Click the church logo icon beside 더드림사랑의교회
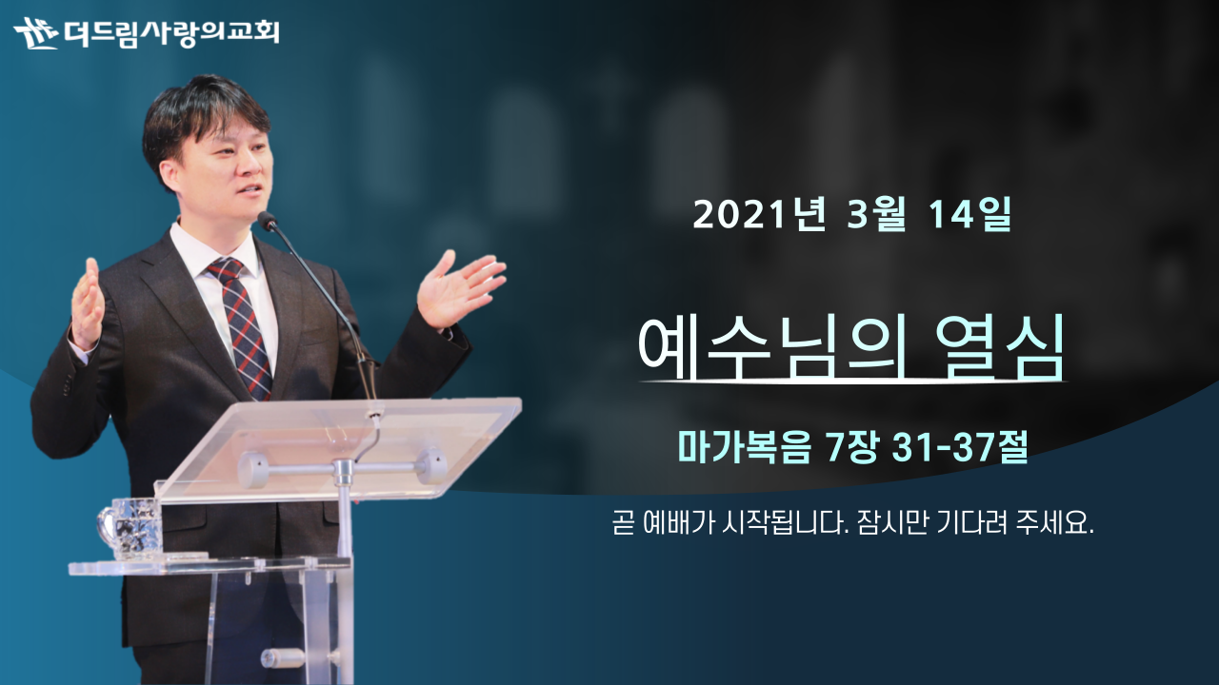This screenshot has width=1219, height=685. [x=35, y=33]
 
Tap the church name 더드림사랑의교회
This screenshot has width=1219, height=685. [x=171, y=33]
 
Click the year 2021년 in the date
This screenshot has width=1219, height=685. [x=759, y=214]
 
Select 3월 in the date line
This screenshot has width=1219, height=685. [x=876, y=214]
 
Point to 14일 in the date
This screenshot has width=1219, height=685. [x=969, y=214]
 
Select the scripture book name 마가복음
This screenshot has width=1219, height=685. [x=744, y=448]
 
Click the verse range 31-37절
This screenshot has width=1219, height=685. [x=959, y=448]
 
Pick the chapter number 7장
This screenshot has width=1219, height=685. [x=851, y=448]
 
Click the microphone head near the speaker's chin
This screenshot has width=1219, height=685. [x=268, y=220]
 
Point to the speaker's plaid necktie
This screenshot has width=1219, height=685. [x=242, y=326]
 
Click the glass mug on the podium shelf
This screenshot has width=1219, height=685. [x=130, y=527]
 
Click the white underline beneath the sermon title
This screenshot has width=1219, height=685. [x=852, y=382]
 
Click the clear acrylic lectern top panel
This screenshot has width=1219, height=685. [x=337, y=448]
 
